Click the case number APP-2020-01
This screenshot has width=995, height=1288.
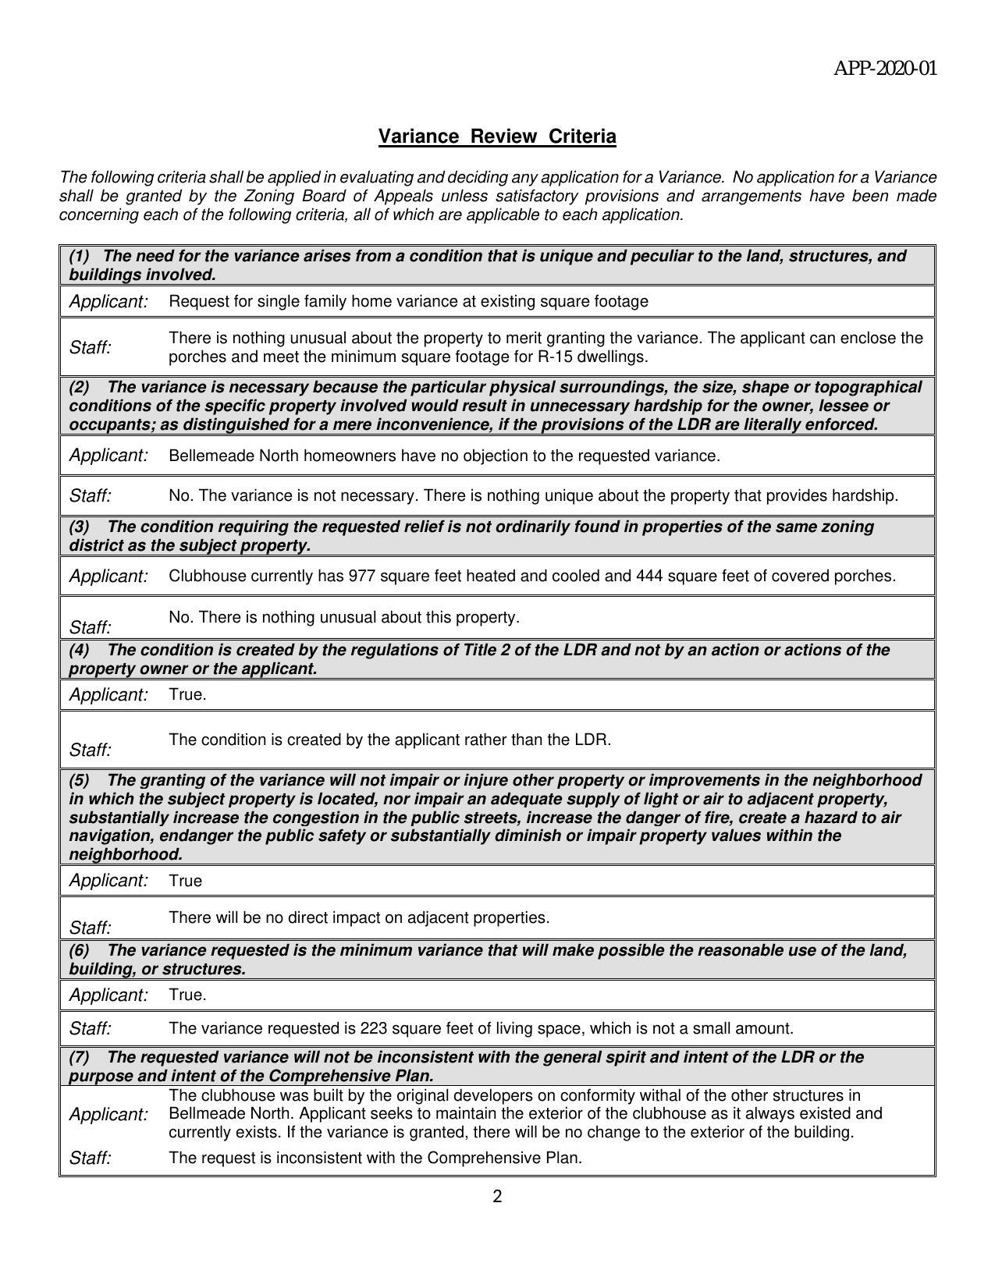[x=885, y=69]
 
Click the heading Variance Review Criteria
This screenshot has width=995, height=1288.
[x=497, y=137]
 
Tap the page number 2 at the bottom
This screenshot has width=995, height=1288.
[x=497, y=1197]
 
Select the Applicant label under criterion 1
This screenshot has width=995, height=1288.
[x=108, y=302]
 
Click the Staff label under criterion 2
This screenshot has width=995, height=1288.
[x=91, y=496]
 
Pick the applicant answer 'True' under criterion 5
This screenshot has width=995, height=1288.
[x=185, y=882]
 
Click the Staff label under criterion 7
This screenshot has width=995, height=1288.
[x=91, y=1158]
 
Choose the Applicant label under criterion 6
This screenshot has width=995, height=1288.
[x=108, y=995]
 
